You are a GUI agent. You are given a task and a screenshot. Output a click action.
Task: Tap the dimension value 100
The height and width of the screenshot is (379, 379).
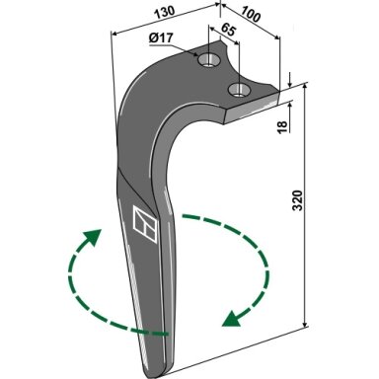(251, 15)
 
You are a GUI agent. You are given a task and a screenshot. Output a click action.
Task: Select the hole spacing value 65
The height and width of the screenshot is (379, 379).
(228, 29)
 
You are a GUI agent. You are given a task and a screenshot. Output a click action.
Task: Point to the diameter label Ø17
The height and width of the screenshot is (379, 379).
(161, 38)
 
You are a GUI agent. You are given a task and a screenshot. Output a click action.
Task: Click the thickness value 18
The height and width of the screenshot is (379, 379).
(282, 127)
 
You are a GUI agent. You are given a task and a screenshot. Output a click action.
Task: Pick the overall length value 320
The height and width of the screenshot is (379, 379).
(297, 200)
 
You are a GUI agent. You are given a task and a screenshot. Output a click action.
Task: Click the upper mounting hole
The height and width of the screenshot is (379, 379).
(208, 60)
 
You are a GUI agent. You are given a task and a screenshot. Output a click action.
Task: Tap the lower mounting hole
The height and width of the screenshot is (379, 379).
(239, 90)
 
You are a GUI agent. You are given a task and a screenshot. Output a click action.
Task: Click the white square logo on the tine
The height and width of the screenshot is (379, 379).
(145, 224)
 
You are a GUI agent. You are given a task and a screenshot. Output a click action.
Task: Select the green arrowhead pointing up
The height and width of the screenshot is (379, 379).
(93, 237)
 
